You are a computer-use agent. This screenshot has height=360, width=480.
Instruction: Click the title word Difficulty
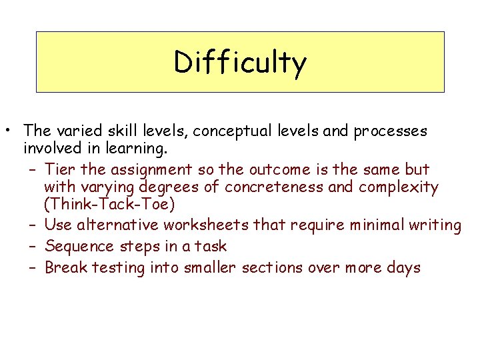pyautogui.click(x=240, y=62)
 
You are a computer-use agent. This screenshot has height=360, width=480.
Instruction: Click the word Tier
pyautogui.click(x=60, y=169)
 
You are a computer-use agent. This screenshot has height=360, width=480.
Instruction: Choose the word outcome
pyautogui.click(x=284, y=169)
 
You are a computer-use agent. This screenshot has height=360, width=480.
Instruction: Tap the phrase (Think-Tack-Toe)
pyautogui.click(x=110, y=206)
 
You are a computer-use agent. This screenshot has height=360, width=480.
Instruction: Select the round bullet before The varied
pyautogui.click(x=13, y=131)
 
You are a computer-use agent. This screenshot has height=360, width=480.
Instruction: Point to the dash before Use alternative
pyautogui.click(x=33, y=225)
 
